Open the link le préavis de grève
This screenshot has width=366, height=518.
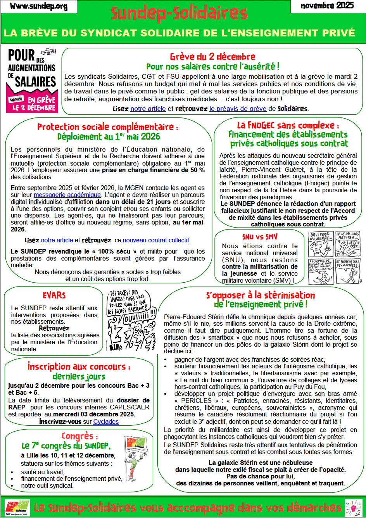(x=238, y=109)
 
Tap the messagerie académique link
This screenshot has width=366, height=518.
(x=67, y=195)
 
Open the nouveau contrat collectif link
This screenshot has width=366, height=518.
(x=157, y=240)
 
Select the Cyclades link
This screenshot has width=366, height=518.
(x=106, y=421)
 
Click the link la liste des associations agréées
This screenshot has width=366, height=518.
(x=55, y=335)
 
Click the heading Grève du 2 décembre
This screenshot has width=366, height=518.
(x=212, y=57)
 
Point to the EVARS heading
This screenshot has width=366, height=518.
(x=54, y=295)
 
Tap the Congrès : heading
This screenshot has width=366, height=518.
(x=79, y=436)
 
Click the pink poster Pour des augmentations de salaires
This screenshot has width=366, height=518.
(x=33, y=81)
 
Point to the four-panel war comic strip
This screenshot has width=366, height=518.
(x=335, y=257)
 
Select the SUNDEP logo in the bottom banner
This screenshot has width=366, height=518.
(x=17, y=507)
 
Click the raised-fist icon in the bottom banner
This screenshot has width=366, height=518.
(x=353, y=507)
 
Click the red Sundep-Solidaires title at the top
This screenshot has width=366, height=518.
(x=179, y=14)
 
